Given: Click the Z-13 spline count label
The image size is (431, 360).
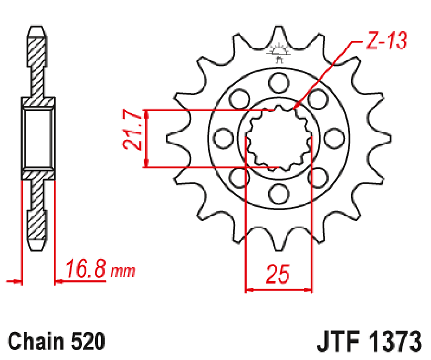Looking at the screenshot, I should click(386, 41).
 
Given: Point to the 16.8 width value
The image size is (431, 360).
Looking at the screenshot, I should click(85, 270).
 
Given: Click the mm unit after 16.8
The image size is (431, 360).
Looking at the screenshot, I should click(122, 272).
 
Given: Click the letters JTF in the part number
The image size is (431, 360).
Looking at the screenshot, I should click(339, 342).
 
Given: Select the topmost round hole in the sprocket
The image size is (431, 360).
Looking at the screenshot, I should click(277, 82).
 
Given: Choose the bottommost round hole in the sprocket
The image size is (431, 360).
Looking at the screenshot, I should click(277, 194).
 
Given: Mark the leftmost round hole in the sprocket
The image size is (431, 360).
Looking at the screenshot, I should click(222, 138).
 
